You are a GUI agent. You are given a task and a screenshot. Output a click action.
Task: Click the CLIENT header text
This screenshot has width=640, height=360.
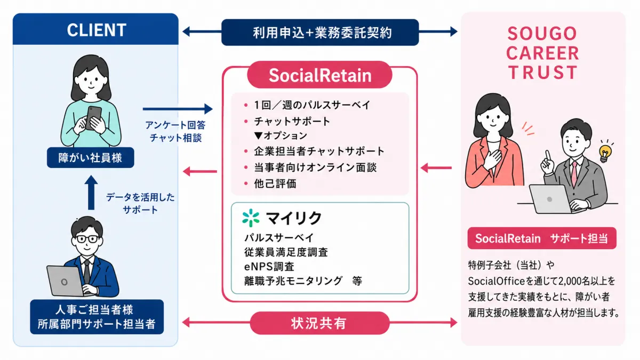coord(97,30)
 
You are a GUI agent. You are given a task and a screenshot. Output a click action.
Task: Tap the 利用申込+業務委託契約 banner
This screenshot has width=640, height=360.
coord(320,33)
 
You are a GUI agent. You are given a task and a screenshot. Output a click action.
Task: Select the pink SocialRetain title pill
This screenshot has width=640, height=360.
coord(319,75)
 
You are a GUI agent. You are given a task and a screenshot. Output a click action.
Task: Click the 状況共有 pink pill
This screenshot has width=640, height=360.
coord(319,323)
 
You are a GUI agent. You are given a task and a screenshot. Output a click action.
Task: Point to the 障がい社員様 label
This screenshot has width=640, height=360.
coord(90,157)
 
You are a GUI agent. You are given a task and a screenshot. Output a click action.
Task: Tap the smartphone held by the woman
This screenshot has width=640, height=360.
coord(93,118)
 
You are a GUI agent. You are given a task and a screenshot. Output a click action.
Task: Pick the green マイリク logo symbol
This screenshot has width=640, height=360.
coord(251,218)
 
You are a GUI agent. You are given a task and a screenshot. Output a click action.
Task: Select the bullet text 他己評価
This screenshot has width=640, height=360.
coord(275,183)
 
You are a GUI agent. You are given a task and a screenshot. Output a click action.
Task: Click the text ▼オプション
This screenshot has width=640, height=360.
coord(281,135)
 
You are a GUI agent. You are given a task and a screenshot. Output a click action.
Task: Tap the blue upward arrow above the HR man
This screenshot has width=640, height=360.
coord(91,193)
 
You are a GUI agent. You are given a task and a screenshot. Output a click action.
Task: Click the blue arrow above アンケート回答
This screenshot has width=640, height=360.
coord(178,109)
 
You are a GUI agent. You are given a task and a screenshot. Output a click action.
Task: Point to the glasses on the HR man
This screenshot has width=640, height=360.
coord(87,239)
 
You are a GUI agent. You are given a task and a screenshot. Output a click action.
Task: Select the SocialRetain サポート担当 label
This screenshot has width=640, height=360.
coord(542,238)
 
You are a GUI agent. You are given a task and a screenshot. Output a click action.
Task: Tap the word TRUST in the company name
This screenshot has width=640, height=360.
coord(542,73)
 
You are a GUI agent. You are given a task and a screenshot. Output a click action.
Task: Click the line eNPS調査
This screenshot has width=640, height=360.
coord(269,267)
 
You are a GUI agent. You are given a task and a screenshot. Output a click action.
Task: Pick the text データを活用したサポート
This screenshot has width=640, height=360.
coord(140,203)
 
